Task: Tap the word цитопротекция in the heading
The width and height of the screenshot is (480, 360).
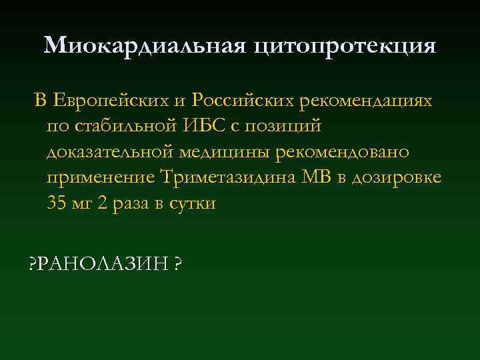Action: (x=345, y=47)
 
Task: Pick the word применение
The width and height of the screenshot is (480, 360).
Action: (x=101, y=178)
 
